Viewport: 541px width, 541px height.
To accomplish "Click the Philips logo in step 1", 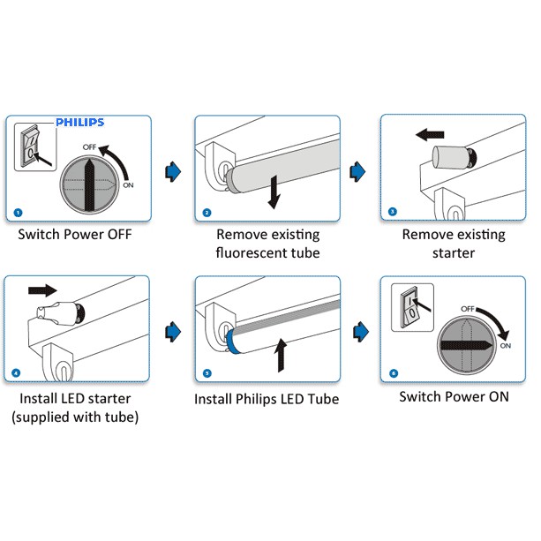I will (79, 123).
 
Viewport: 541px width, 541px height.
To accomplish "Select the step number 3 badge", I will (393, 212).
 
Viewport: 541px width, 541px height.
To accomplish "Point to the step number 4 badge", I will (18, 372).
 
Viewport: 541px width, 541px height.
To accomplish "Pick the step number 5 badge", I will (207, 373).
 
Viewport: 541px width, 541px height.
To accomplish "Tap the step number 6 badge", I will (394, 373).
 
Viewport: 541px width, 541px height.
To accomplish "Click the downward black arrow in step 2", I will (274, 192).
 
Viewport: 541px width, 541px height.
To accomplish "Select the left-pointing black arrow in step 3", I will (430, 135).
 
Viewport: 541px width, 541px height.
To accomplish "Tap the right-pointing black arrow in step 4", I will (42, 289).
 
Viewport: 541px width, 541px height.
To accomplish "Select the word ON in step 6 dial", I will (505, 346).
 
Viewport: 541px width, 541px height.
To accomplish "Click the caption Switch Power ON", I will (454, 396).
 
